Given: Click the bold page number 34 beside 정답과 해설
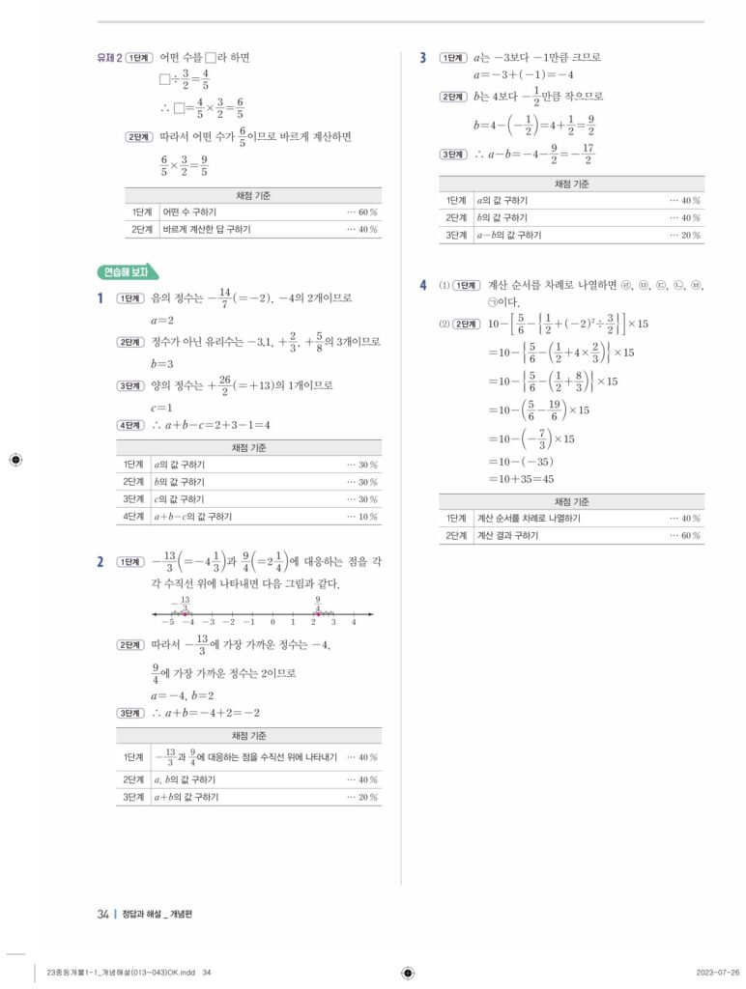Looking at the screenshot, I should [102, 915].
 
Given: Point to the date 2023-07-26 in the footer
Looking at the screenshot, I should [718, 972].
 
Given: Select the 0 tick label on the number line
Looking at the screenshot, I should [273, 622].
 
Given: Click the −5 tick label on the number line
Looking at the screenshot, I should [168, 622].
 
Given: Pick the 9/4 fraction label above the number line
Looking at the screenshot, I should [317, 604].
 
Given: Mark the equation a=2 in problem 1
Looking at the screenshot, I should [161, 320].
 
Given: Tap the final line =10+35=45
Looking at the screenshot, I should [521, 478].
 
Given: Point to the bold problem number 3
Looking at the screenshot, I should [423, 58].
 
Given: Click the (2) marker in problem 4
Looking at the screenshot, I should [445, 323].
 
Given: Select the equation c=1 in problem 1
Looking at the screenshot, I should [161, 407].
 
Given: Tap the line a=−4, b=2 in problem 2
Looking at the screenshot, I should [183, 694].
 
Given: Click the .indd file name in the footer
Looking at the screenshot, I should [121, 973].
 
